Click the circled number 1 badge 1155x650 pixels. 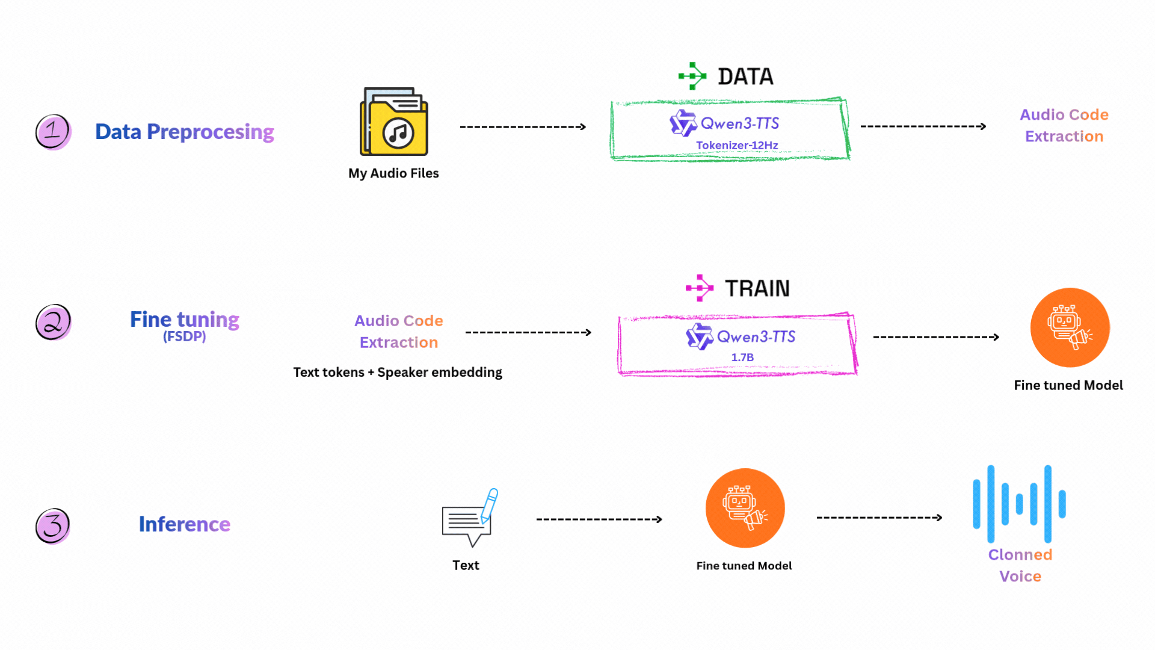coord(53,131)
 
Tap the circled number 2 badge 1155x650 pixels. coord(53,322)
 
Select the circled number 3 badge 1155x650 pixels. coord(53,525)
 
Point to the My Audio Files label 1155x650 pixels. coord(393,173)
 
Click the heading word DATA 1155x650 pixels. coord(745,76)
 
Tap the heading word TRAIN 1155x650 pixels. coord(757,288)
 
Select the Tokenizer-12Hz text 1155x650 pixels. coord(737,145)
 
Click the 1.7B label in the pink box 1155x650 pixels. coord(742,357)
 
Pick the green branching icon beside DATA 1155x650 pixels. coord(692,76)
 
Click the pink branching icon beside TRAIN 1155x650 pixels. coord(699,288)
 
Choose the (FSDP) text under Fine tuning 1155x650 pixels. coord(184,336)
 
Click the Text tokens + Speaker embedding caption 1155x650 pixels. coord(398,373)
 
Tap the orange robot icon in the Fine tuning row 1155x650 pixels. coord(1070,327)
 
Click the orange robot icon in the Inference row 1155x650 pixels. coord(745,508)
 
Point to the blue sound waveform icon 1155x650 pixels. coord(1019,504)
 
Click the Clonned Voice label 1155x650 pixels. coord(1020,565)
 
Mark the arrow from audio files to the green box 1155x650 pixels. coord(522,127)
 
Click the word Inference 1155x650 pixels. coord(184,524)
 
